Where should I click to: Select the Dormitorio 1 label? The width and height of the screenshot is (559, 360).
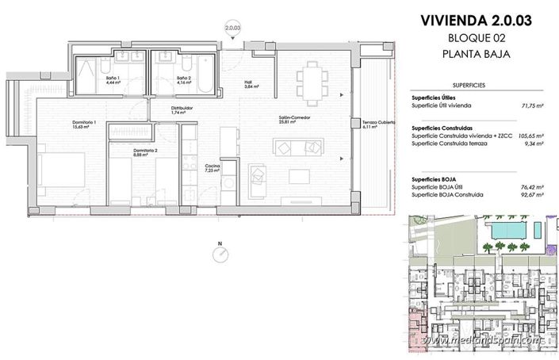[x=85, y=124]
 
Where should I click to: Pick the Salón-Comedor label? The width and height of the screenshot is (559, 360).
[x=288, y=120]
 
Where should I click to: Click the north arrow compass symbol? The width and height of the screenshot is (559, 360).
[x=221, y=254]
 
